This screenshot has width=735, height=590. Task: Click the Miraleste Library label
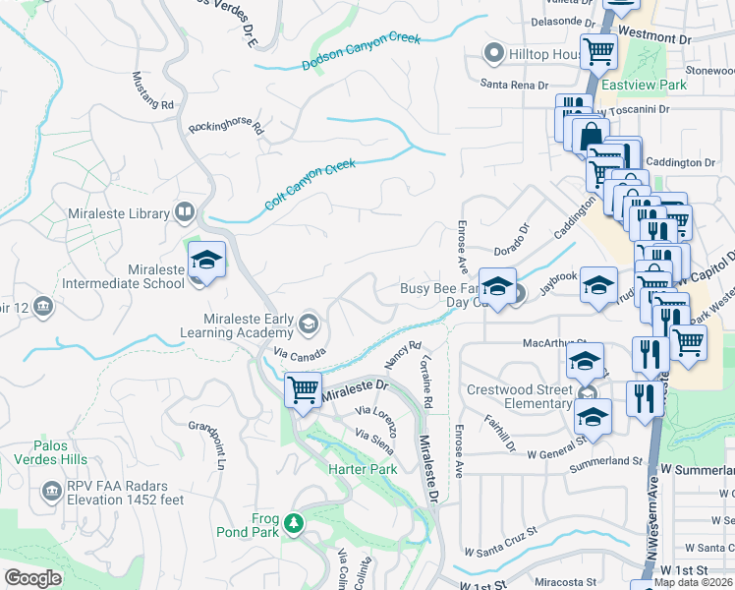118,212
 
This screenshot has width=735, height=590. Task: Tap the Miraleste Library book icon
184,212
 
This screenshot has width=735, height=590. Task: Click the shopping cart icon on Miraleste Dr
304,388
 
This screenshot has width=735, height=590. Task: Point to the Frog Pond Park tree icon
293,521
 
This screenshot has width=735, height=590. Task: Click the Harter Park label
363,469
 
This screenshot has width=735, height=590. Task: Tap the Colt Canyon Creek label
310,186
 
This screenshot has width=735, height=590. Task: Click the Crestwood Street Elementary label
519,396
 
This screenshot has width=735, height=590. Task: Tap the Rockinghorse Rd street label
227,127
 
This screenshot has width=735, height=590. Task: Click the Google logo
32,578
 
